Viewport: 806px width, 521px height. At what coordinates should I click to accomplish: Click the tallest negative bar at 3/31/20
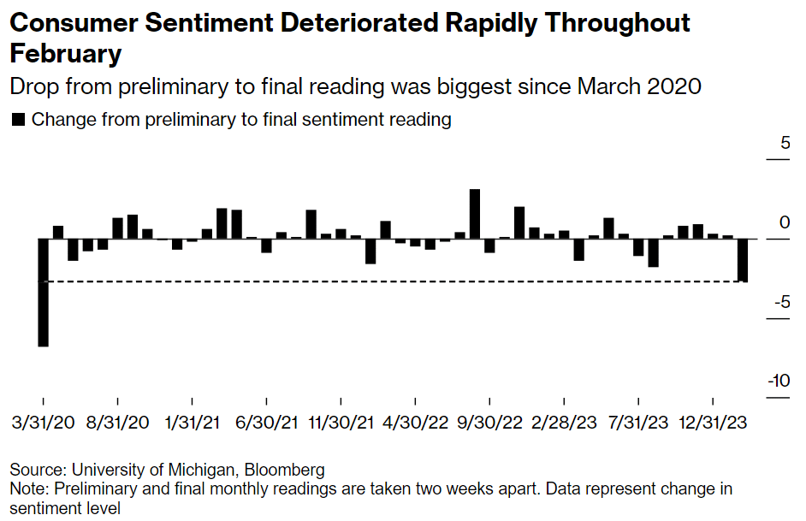pos(43,292)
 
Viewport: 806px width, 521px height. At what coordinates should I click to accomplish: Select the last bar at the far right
pos(743,260)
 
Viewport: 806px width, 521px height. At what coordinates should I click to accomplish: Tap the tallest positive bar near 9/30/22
pos(475,214)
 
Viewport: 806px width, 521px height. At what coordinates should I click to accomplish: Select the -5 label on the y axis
pos(781,302)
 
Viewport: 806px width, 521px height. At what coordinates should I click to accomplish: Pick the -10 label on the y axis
pos(778,382)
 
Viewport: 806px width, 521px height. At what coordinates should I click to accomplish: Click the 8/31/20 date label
pos(117,422)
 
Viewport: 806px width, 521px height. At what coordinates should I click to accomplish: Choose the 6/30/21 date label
pos(266,422)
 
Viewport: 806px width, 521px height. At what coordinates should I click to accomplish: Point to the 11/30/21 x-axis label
pos(341,422)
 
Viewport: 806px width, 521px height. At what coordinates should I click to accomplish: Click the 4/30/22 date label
pos(415,422)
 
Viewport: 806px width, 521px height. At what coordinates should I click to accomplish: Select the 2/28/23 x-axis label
pos(564,422)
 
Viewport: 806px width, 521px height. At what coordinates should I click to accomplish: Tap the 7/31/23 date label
pos(638,422)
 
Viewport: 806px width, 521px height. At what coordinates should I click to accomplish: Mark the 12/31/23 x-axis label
pos(713,422)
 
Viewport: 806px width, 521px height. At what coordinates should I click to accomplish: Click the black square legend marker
pos(17,121)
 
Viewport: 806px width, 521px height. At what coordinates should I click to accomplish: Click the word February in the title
pos(66,54)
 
